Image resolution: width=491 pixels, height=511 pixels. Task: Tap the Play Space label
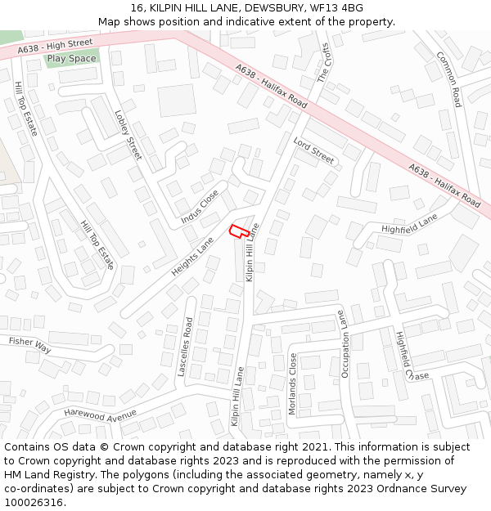[71, 59]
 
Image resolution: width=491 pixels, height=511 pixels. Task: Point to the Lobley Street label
[128, 135]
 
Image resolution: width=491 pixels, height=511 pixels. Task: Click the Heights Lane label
[192, 257]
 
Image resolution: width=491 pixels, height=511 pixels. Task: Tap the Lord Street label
[314, 151]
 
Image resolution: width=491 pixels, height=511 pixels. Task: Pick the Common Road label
[448, 79]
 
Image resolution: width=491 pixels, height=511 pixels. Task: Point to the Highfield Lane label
[409, 223]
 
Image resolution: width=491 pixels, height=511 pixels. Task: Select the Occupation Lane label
[345, 344]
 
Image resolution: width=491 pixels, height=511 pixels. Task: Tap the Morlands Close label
[293, 383]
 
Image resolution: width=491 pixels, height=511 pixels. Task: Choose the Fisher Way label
[30, 345]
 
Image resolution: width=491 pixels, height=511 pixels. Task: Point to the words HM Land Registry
[48, 475]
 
